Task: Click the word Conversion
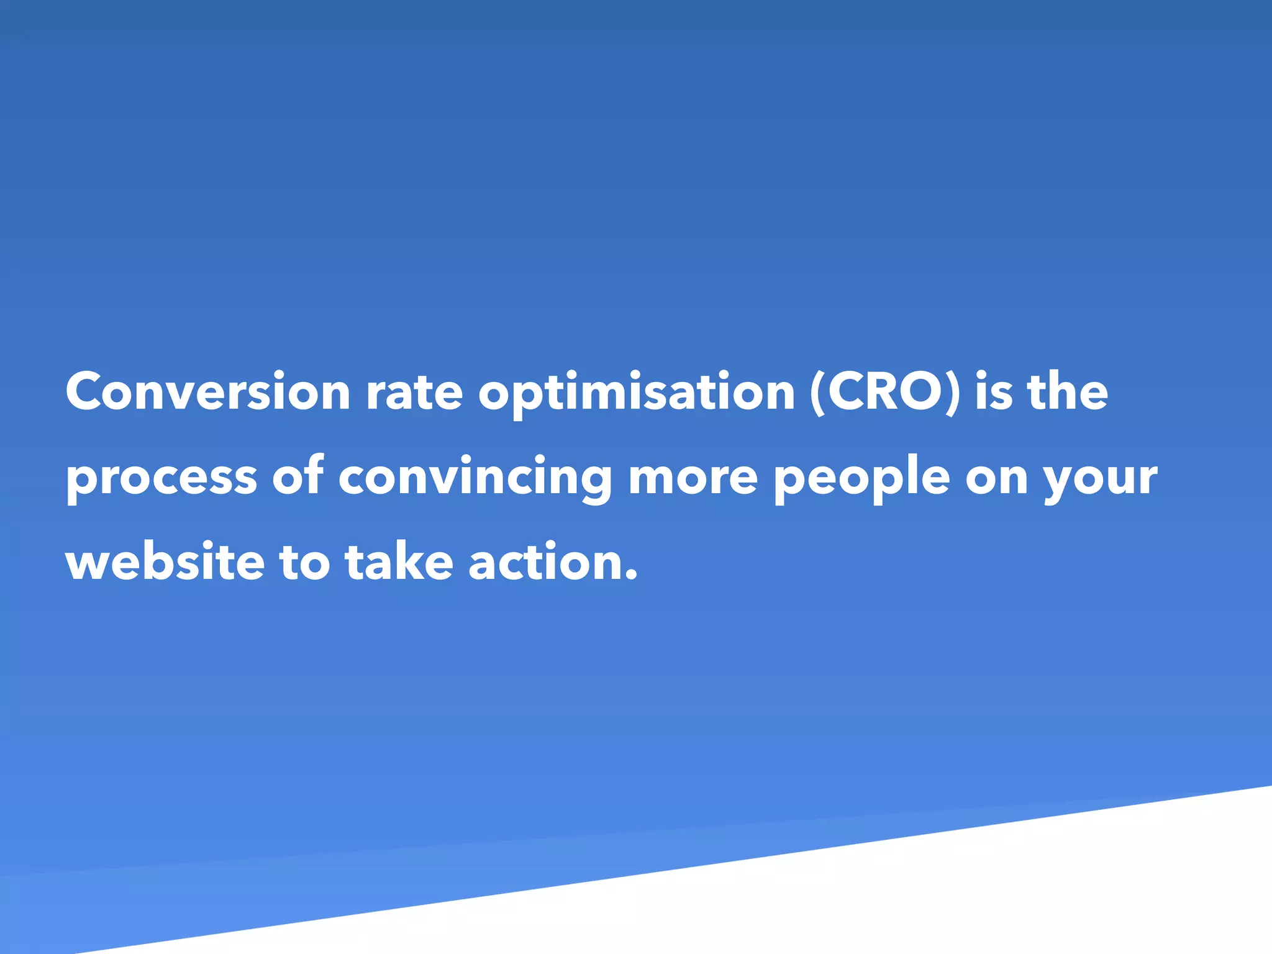point(208,393)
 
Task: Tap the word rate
point(414,393)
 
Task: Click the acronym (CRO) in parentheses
point(885,393)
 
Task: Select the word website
point(165,562)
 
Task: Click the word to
point(304,562)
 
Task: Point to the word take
point(399,562)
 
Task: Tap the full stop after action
point(631,577)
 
